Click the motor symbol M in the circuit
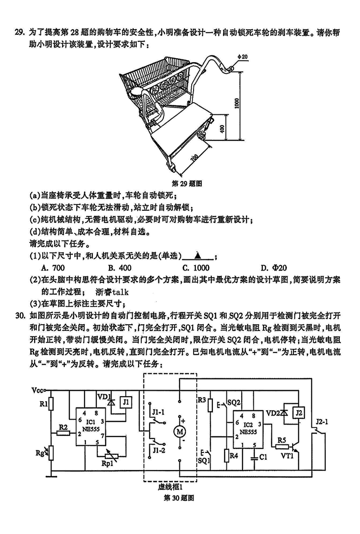coord(180,431)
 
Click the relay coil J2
coord(298,412)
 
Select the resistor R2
coord(63,433)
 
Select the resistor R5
coord(282,446)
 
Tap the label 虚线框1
coord(170,487)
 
